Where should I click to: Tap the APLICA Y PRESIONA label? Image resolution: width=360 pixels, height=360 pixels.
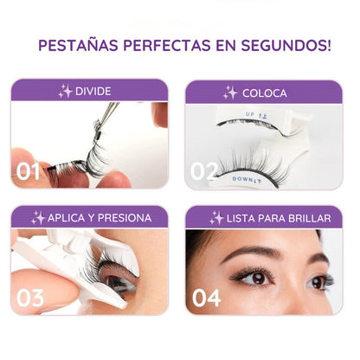[x=97, y=218]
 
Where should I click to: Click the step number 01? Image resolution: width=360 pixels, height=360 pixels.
[x=29, y=170]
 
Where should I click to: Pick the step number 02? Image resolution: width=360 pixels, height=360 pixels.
[x=204, y=170]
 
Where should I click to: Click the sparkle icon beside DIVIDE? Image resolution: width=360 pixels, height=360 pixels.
[x=65, y=91]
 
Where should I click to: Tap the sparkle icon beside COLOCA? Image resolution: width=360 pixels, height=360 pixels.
[x=230, y=92]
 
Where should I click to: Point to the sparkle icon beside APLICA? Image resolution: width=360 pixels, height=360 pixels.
[x=38, y=218]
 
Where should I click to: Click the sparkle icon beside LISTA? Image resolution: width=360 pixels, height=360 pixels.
[x=216, y=218]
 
